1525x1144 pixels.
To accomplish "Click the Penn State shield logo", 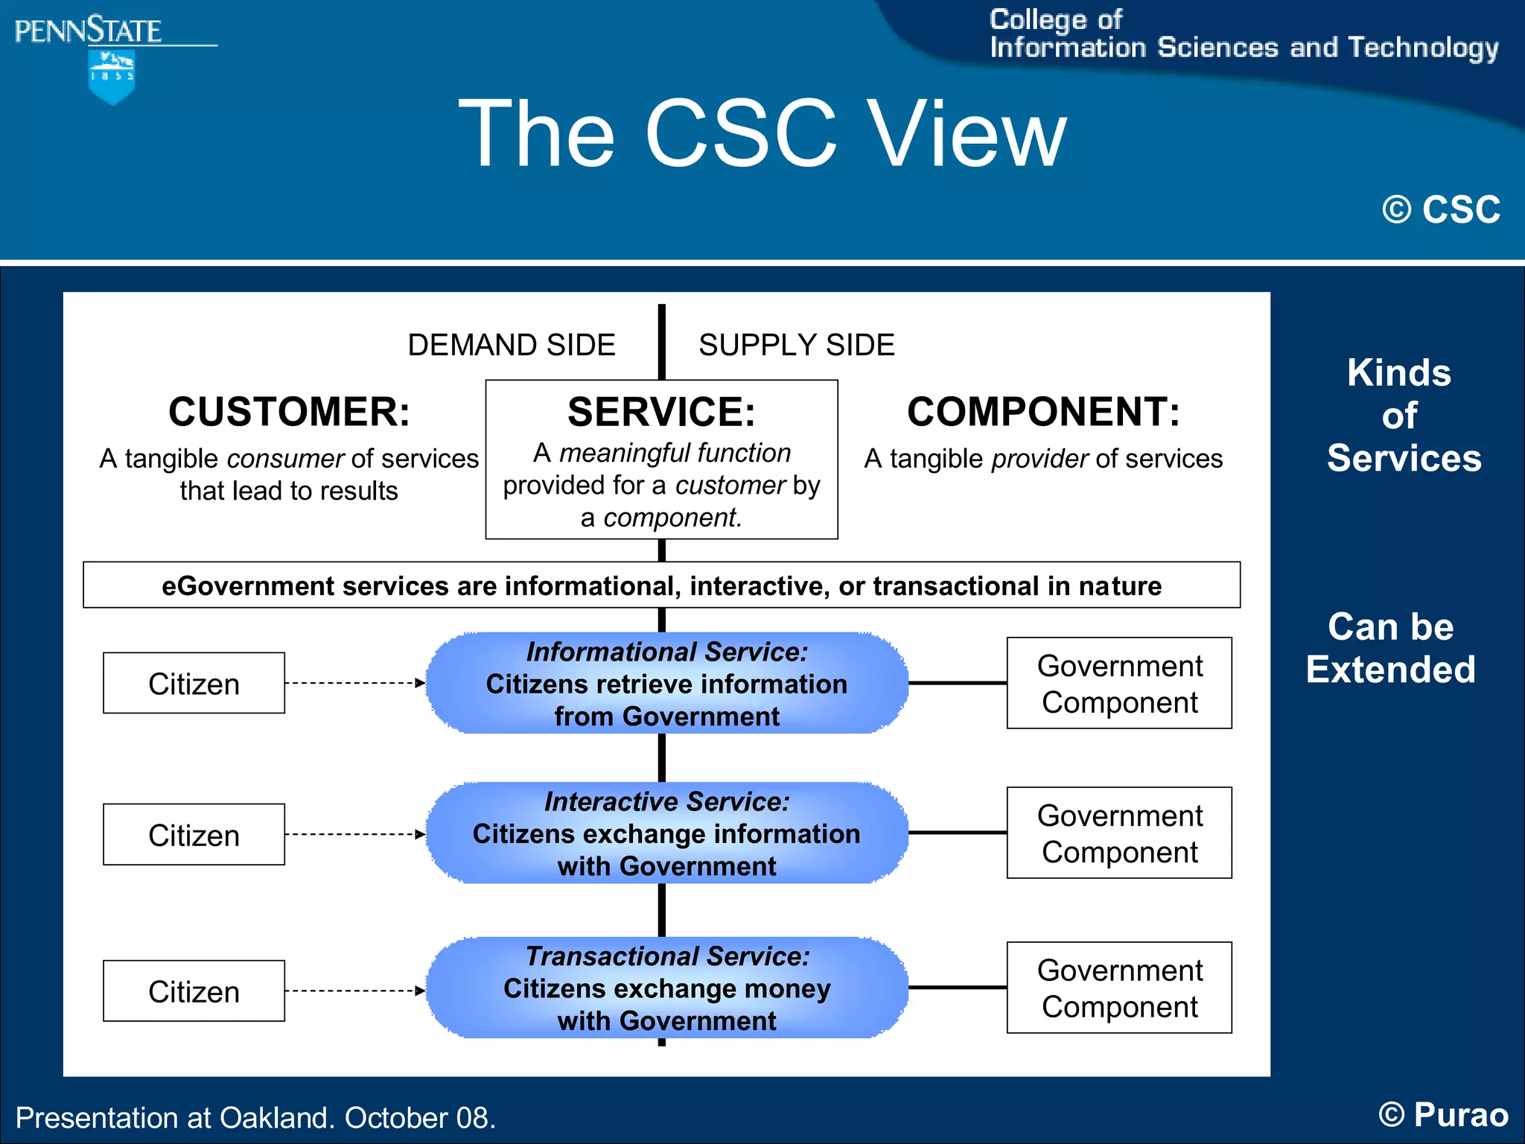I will [x=112, y=77].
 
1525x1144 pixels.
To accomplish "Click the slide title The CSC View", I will [x=762, y=134].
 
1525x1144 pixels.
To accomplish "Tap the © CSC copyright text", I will [x=1441, y=209].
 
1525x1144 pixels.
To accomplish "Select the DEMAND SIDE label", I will [x=512, y=346].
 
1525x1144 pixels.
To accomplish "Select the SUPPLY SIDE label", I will [x=796, y=346].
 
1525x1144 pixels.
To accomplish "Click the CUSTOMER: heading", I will [x=289, y=412].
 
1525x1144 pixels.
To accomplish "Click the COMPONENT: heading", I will [x=1043, y=412].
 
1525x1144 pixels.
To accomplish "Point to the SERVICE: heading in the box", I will [x=661, y=412].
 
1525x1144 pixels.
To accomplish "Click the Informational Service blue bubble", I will [x=666, y=684].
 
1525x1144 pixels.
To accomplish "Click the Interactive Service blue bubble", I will [x=666, y=833].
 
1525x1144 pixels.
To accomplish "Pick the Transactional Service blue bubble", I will [x=666, y=988].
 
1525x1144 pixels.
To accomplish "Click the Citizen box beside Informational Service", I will [x=194, y=684].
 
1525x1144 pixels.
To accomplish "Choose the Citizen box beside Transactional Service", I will [x=194, y=991].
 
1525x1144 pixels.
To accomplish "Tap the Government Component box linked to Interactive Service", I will [x=1119, y=833].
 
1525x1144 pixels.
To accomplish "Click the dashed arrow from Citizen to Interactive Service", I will [x=354, y=835].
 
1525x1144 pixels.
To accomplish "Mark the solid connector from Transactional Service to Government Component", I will [x=958, y=988].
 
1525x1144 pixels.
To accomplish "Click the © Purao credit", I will [x=1442, y=1115].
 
